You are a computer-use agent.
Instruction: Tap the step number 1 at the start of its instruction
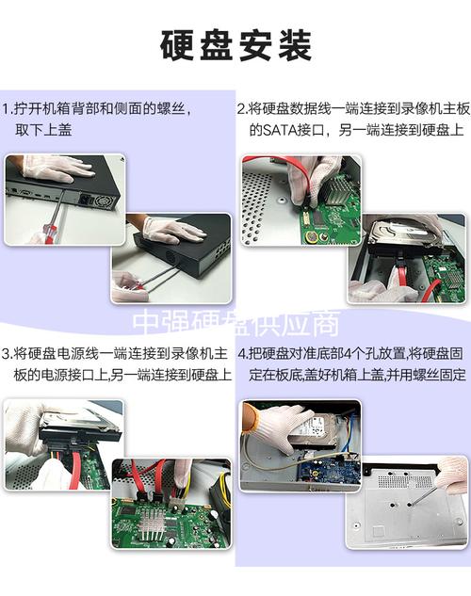pos(7,109)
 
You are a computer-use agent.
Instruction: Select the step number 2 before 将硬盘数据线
pos(241,109)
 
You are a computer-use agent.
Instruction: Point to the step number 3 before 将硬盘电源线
pos(7,354)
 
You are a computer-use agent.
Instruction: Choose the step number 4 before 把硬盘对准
pos(241,354)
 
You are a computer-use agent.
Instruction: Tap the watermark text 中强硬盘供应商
pos(235,324)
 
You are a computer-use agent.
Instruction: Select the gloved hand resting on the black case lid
pos(173,229)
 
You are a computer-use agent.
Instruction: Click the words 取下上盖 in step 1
pos(42,130)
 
